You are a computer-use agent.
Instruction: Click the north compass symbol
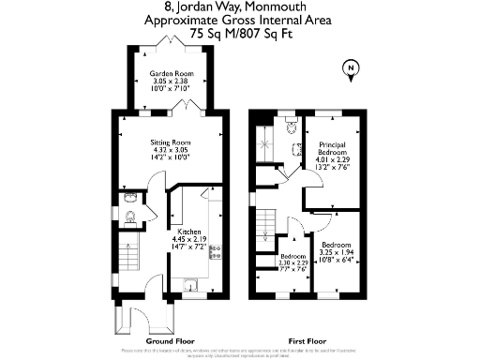(x=350, y=68)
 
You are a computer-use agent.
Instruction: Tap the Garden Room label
(x=170, y=71)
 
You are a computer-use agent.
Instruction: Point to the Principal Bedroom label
(x=333, y=149)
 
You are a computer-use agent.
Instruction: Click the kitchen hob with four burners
(x=215, y=251)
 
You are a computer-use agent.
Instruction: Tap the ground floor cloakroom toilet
(x=130, y=217)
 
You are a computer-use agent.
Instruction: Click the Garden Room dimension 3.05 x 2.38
(x=170, y=81)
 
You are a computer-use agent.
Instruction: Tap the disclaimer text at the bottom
(x=240, y=352)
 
